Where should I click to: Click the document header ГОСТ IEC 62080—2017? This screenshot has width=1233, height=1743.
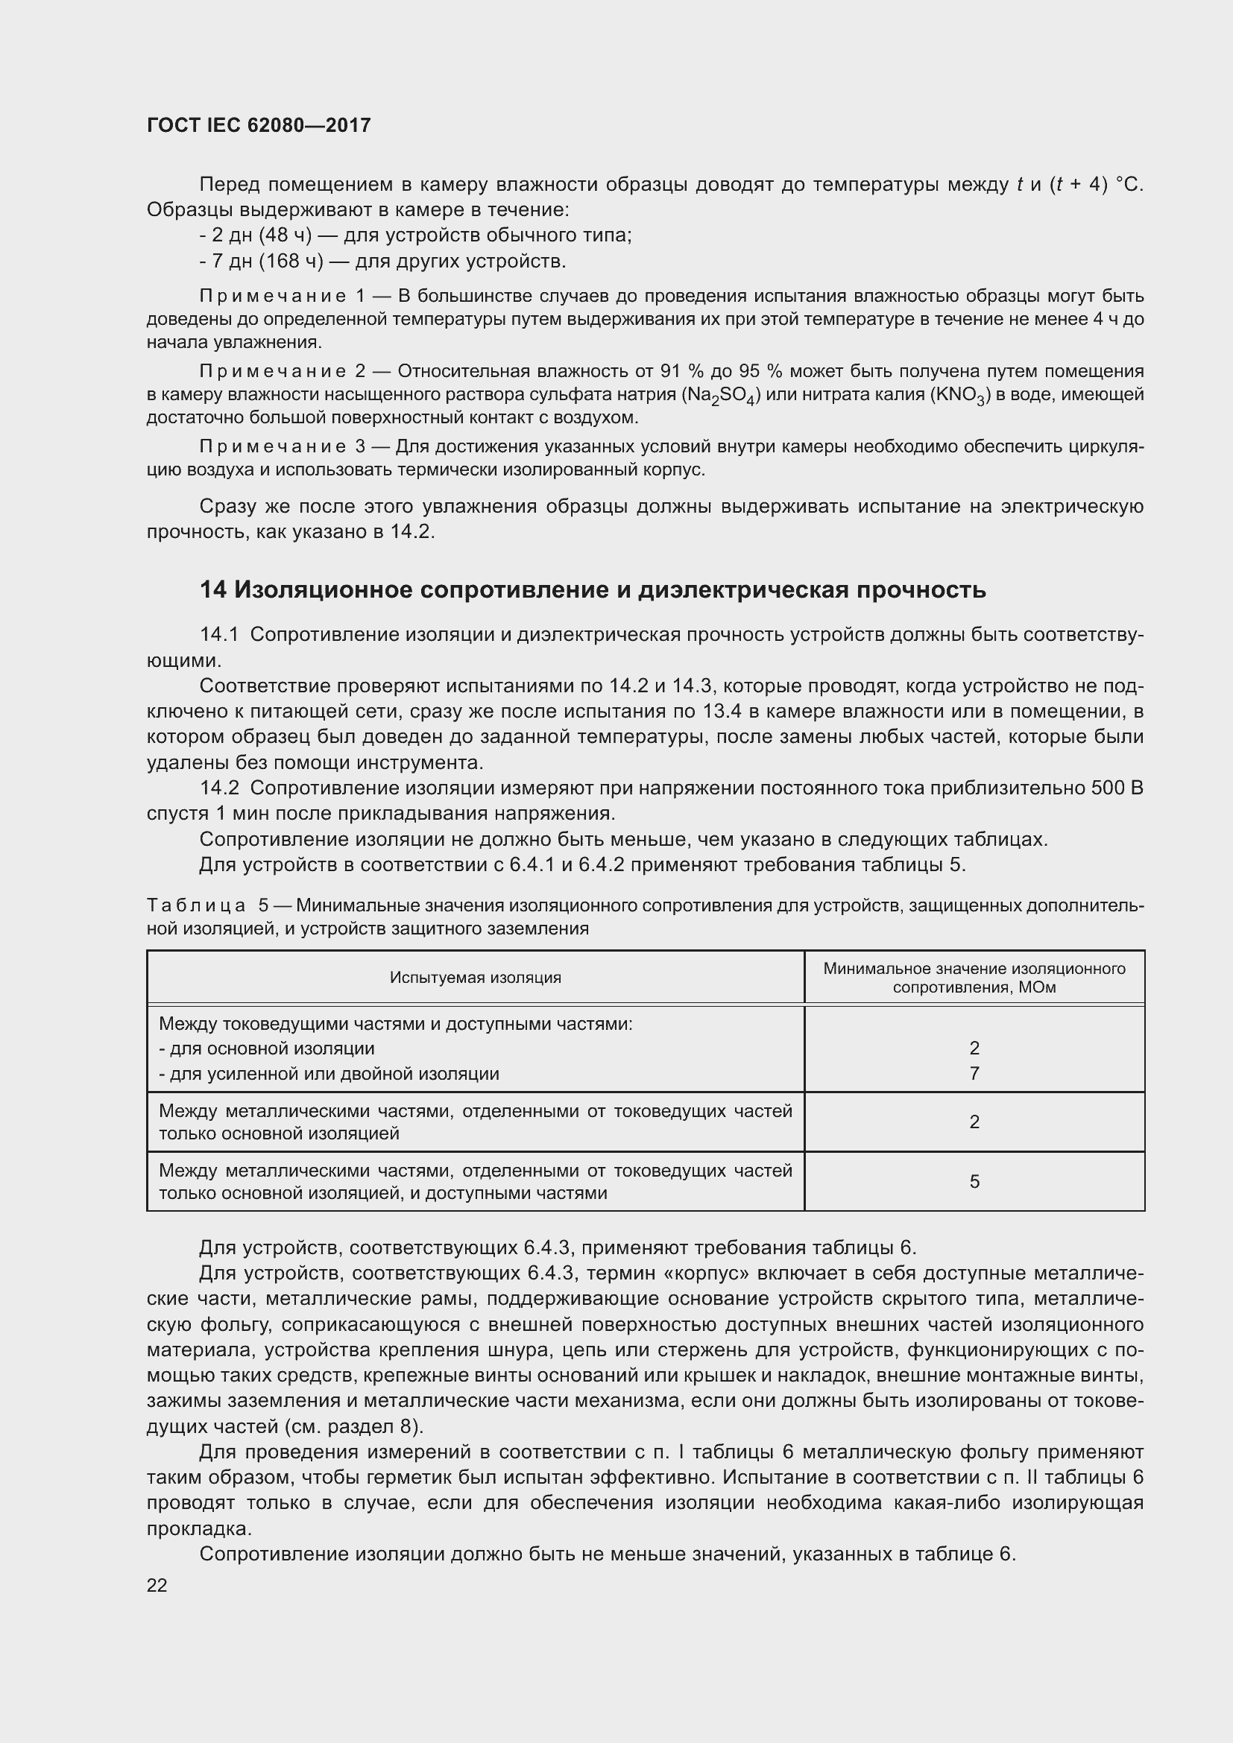[x=259, y=125]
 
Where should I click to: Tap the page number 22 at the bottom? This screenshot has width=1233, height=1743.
[x=157, y=1585]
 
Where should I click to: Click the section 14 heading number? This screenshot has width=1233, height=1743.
[x=212, y=590]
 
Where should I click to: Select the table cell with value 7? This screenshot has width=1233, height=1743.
[x=974, y=1073]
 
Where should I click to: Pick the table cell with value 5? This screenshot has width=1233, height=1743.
[x=974, y=1181]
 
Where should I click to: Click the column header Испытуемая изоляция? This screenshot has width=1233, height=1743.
[x=476, y=978]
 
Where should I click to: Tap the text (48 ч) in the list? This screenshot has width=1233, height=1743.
[x=286, y=235]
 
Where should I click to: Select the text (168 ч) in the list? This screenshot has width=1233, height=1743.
[x=291, y=262]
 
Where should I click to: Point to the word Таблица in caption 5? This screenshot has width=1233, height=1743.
[x=196, y=905]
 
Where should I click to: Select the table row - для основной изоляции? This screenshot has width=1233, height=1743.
[x=268, y=1048]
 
